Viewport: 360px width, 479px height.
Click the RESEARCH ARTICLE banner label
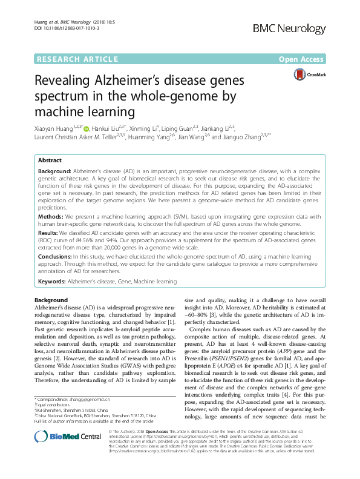click(x=77, y=59)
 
